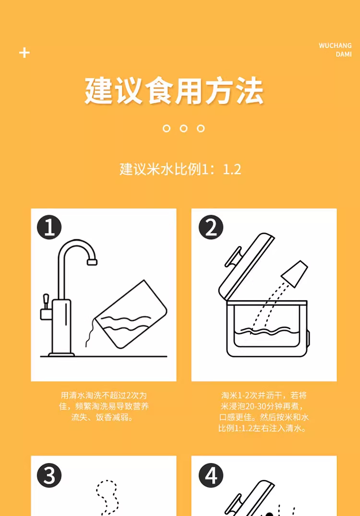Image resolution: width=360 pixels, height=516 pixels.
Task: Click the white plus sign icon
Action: click(x=24, y=53)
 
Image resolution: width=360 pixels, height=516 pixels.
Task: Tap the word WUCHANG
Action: click(x=335, y=46)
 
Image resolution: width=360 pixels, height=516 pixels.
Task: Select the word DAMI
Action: click(x=344, y=54)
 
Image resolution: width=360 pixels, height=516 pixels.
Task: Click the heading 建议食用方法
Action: click(x=174, y=91)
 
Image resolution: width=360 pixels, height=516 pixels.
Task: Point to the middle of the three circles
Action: click(x=183, y=128)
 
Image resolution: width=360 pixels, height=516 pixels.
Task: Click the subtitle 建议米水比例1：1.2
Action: click(x=180, y=169)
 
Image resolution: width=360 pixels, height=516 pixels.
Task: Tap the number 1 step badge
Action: click(x=49, y=227)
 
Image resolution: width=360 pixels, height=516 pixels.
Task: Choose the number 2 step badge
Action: click(x=211, y=227)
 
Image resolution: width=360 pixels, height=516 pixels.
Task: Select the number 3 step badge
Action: click(x=49, y=475)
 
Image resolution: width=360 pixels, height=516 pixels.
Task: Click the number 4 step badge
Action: click(x=211, y=475)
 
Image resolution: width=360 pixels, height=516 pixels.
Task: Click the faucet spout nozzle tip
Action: click(x=92, y=262)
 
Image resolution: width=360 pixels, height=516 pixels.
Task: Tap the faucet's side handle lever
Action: click(x=46, y=301)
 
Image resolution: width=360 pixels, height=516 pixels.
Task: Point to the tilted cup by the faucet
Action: click(x=131, y=314)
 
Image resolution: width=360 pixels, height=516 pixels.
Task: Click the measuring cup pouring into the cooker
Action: click(x=295, y=274)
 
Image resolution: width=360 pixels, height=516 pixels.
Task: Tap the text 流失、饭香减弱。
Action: click(x=102, y=418)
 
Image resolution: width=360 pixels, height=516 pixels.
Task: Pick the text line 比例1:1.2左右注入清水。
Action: click(x=263, y=428)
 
